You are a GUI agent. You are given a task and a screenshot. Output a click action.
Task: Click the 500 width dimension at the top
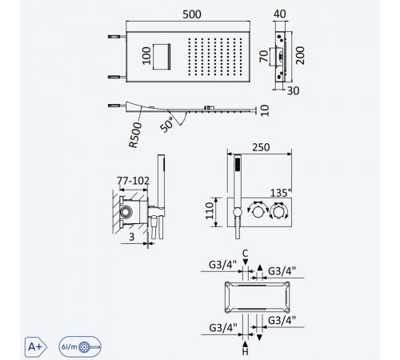[x=192, y=14]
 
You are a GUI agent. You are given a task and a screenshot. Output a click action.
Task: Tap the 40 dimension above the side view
[x=279, y=14]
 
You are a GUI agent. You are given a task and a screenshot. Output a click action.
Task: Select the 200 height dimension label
[x=300, y=55]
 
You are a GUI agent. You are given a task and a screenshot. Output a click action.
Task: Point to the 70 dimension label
[x=264, y=56]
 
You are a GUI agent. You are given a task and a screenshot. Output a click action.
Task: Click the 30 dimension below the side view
[x=293, y=91]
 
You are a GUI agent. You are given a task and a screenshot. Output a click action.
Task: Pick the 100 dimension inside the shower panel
[x=146, y=56]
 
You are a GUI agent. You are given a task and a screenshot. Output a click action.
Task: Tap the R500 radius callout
[x=135, y=135]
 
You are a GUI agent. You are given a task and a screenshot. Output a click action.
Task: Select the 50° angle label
[x=167, y=125]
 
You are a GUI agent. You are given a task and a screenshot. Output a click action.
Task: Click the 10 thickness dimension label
[x=265, y=110]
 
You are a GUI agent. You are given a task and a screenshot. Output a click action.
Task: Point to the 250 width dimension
[x=261, y=147]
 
